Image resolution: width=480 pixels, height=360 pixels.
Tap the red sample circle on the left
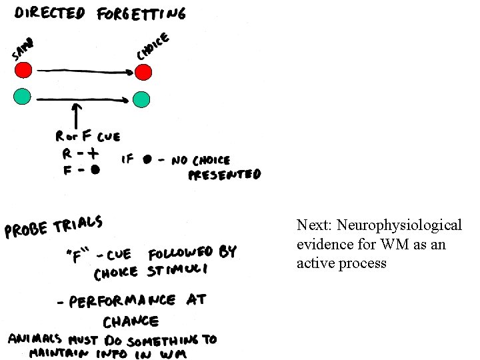[23, 69]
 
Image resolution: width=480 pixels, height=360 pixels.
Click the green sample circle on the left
[23, 96]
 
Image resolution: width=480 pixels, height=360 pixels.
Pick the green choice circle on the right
[141, 99]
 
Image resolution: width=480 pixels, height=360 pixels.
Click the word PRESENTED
[225, 175]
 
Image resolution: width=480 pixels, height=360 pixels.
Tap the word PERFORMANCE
[121, 301]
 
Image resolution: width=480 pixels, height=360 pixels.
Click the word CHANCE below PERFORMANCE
[131, 321]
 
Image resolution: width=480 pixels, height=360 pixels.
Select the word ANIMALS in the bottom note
[34, 339]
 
